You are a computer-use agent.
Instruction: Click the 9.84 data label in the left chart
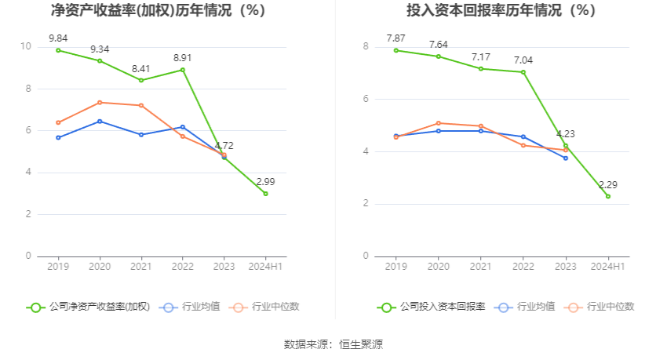point(58,38)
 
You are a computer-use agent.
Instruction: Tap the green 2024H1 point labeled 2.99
point(265,193)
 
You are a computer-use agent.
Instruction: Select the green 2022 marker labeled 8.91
point(182,70)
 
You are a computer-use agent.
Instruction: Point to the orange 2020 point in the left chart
point(100,103)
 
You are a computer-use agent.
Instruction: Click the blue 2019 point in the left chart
point(58,137)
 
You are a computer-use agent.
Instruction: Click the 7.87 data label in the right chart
point(395,38)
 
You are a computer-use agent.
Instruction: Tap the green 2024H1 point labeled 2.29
point(607,196)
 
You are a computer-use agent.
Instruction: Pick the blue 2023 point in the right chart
point(565,158)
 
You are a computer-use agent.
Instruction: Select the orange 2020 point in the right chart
point(438,123)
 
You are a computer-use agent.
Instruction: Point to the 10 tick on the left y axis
point(26,46)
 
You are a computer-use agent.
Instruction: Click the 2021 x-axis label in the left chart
point(140,267)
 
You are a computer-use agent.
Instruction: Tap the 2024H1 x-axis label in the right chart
point(607,267)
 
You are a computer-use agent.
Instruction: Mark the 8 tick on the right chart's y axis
point(365,46)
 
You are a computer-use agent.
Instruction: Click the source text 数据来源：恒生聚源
point(333,344)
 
